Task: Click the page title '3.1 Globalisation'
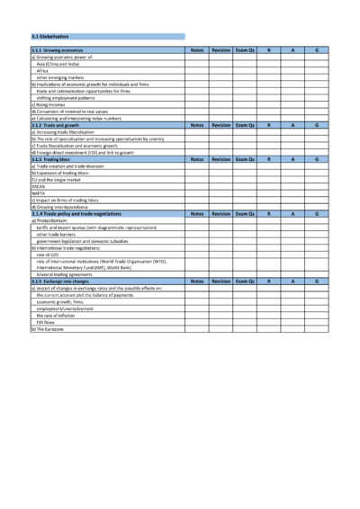point(50,37)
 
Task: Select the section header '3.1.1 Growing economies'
point(58,50)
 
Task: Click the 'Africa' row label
point(42,69)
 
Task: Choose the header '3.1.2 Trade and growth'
point(57,125)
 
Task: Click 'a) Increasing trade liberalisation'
point(66,132)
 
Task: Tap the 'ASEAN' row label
point(39,186)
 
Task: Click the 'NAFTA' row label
point(38,192)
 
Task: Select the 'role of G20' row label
point(48,254)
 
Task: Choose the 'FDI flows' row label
point(45,322)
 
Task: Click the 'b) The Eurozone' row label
point(48,329)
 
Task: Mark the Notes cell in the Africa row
point(197,69)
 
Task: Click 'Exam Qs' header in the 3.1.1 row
point(245,50)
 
